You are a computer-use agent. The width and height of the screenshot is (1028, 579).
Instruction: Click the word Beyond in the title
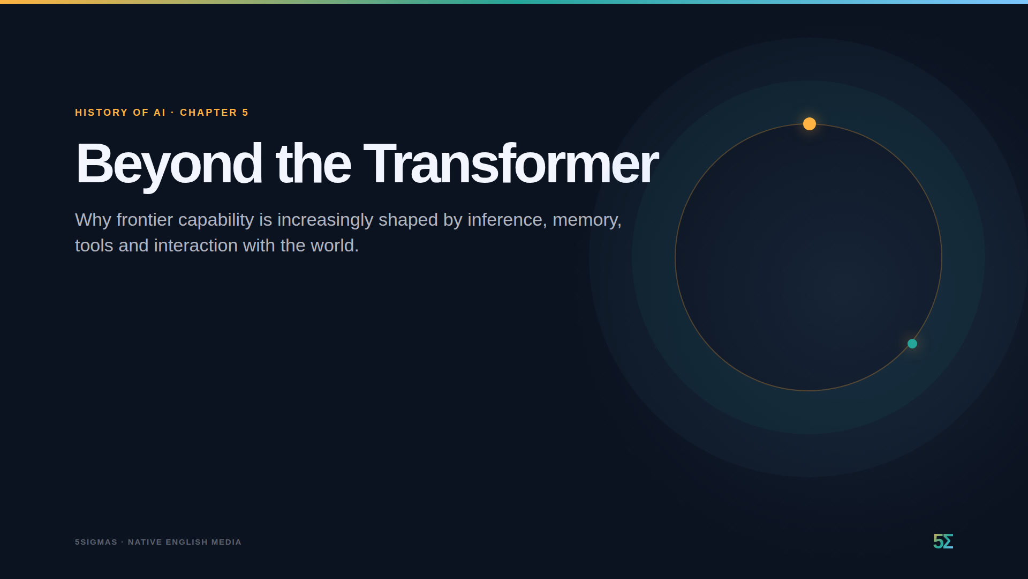coord(169,164)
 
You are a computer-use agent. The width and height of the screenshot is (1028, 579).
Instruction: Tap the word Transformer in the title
coord(511,163)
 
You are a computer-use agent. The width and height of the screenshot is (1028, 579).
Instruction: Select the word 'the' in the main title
coord(313,163)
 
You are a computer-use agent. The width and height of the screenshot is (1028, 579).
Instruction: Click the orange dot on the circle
coord(810,124)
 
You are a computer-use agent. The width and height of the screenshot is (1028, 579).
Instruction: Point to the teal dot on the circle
coord(912,344)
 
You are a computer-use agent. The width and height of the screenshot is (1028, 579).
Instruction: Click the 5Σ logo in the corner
coord(943,541)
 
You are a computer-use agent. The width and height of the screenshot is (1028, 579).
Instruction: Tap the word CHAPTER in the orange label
coord(208,113)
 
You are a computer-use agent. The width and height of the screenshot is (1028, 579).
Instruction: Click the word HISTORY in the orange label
coord(102,113)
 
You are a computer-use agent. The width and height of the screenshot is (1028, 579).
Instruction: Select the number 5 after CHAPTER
coord(245,113)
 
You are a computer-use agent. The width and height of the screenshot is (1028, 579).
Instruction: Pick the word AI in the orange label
coord(160,113)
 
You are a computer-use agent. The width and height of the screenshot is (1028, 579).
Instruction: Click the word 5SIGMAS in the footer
coord(96,542)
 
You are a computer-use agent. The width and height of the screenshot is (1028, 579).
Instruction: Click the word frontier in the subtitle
coord(145,220)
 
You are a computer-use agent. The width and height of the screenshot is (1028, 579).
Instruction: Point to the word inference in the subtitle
coord(505,220)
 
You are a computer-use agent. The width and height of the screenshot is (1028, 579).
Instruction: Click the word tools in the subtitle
coord(94,246)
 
